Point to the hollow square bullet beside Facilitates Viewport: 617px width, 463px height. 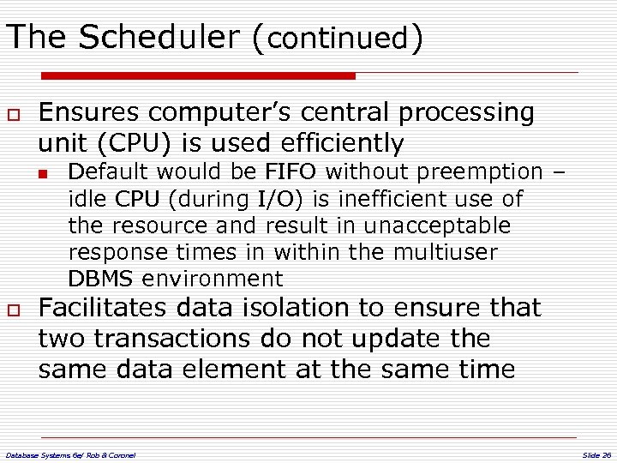(14, 310)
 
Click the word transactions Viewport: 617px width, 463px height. (176, 339)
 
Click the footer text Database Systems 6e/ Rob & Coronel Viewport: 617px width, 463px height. (70, 454)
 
